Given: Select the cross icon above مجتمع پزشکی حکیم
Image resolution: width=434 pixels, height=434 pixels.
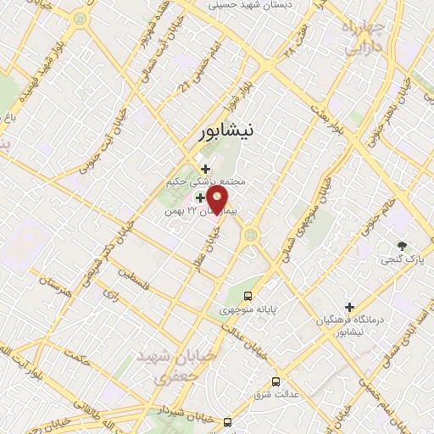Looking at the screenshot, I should [205, 169].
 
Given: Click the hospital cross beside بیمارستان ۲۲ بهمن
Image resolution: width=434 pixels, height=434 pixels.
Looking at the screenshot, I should [199, 198].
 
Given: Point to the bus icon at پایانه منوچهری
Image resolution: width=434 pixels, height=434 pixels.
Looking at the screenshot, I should [248, 296].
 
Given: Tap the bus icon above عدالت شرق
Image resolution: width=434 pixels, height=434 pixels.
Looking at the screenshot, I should [275, 381].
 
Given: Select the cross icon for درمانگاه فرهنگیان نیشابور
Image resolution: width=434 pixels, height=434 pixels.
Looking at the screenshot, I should [350, 307].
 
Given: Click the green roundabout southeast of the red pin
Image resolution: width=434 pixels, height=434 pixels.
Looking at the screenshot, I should [249, 241].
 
